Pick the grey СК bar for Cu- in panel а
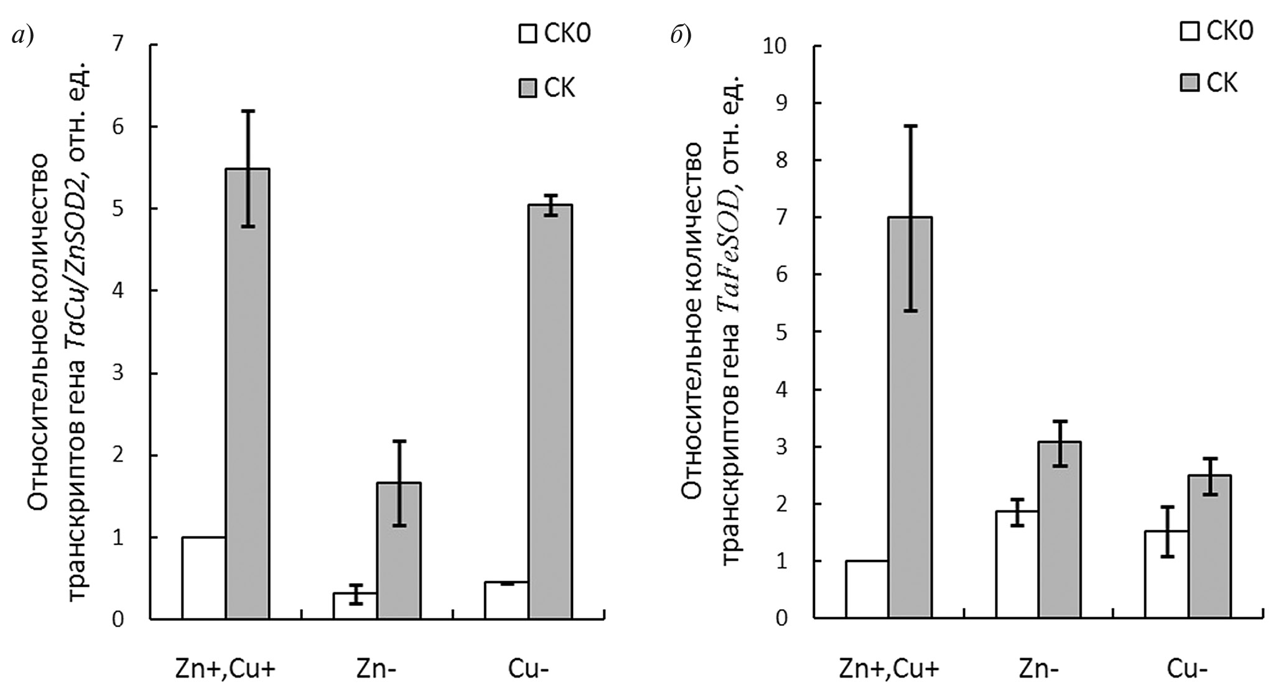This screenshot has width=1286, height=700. [550, 411]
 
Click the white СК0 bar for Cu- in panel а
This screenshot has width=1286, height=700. [506, 600]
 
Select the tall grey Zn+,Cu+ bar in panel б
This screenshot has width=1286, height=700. [910, 417]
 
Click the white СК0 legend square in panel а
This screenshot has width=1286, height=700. [527, 34]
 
